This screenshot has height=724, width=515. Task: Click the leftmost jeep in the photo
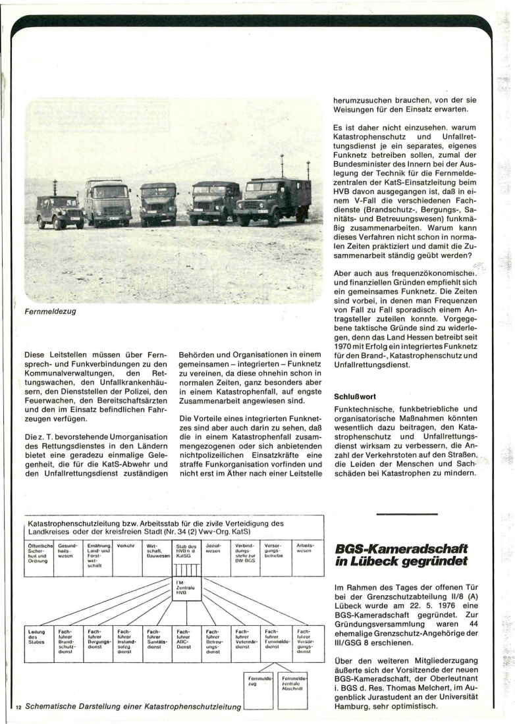pyautogui.click(x=61, y=211)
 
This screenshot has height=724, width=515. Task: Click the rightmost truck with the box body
pyautogui.click(x=273, y=200)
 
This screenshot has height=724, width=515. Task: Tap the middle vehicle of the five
pyautogui.click(x=158, y=203)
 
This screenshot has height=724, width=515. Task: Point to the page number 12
pyautogui.click(x=19, y=706)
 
